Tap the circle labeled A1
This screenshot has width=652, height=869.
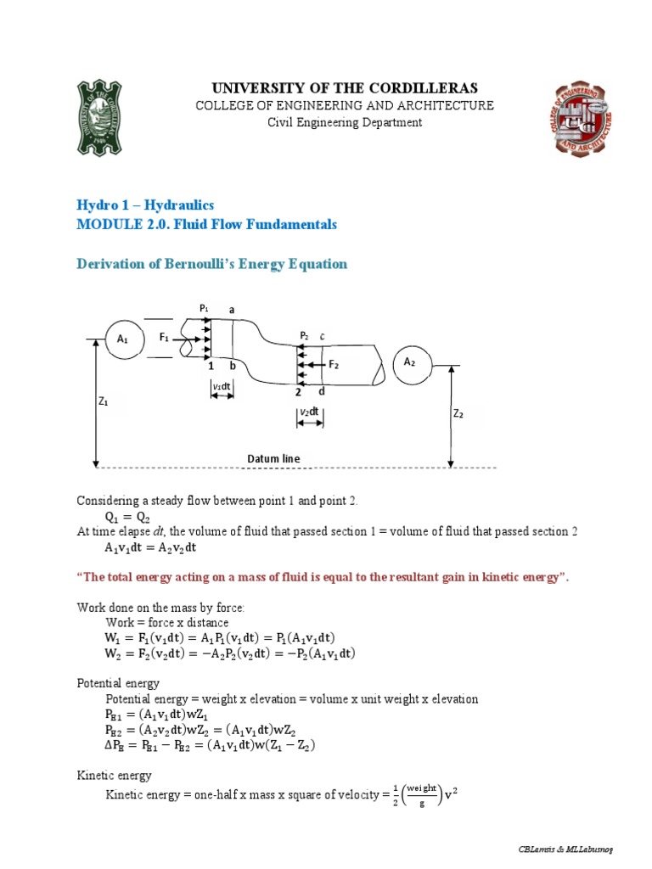pos(122,339)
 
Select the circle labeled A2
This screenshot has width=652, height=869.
pos(410,362)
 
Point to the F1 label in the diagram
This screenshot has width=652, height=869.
pos(165,337)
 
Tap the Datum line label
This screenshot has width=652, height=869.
pos(273,459)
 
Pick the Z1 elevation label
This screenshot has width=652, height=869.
pos(104,402)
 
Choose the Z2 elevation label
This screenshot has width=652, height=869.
pos(458,414)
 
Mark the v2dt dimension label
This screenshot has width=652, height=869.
pos(309,412)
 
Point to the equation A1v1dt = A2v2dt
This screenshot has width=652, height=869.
pos(150,547)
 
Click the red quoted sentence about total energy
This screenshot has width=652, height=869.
pos(323,577)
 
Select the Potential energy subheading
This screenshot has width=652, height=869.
pos(118,683)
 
